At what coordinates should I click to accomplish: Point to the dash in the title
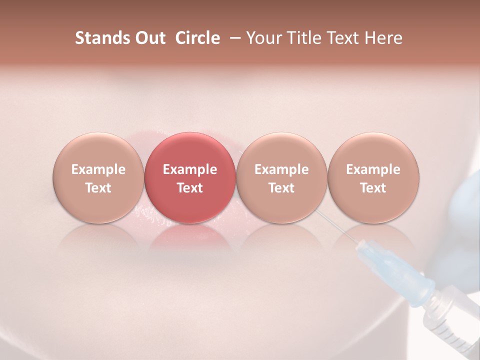point(233,38)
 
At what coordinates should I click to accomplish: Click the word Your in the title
point(263,38)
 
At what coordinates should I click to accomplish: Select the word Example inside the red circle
point(190,169)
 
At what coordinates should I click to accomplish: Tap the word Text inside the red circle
point(190,188)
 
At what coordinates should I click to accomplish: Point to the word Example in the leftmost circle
point(98,169)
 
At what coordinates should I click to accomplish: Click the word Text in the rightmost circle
point(373,188)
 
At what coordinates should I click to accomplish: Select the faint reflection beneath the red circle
point(190,237)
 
